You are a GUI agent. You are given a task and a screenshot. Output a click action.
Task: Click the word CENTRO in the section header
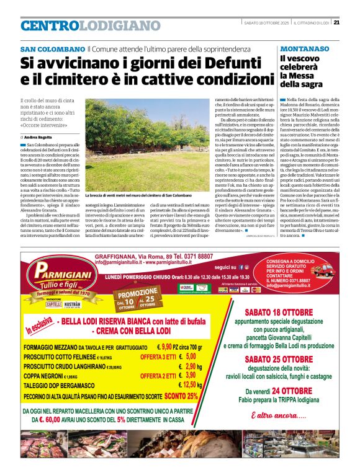50,25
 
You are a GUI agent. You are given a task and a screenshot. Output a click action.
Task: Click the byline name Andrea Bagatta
39,136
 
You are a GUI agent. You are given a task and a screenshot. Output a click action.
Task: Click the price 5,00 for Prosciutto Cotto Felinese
191,357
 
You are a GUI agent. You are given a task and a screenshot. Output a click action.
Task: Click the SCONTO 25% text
184,395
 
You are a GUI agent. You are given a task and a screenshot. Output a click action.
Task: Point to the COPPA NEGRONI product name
45,376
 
